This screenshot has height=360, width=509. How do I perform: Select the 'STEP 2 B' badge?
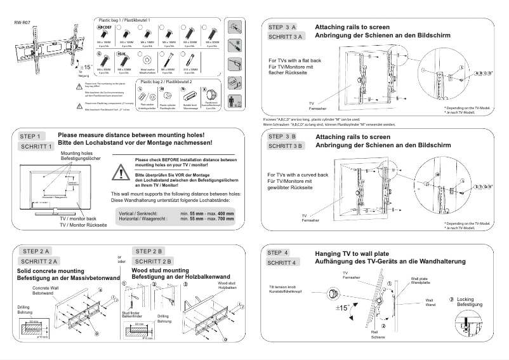point(150,251)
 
